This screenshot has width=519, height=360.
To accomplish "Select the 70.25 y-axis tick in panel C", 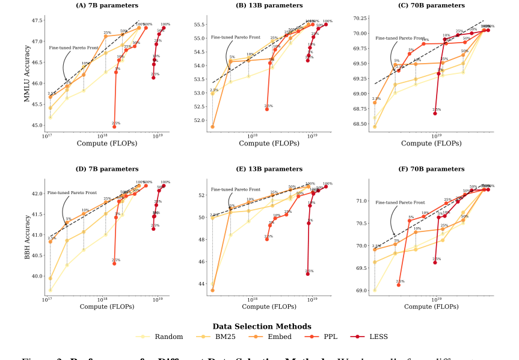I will (360, 18).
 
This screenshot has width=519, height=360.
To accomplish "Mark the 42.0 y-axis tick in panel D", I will (35, 194).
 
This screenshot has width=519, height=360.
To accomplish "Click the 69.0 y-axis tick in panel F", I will (361, 290).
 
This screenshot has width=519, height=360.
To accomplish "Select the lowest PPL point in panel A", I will (114, 127).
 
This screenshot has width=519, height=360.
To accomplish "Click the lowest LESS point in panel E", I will (308, 273).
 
